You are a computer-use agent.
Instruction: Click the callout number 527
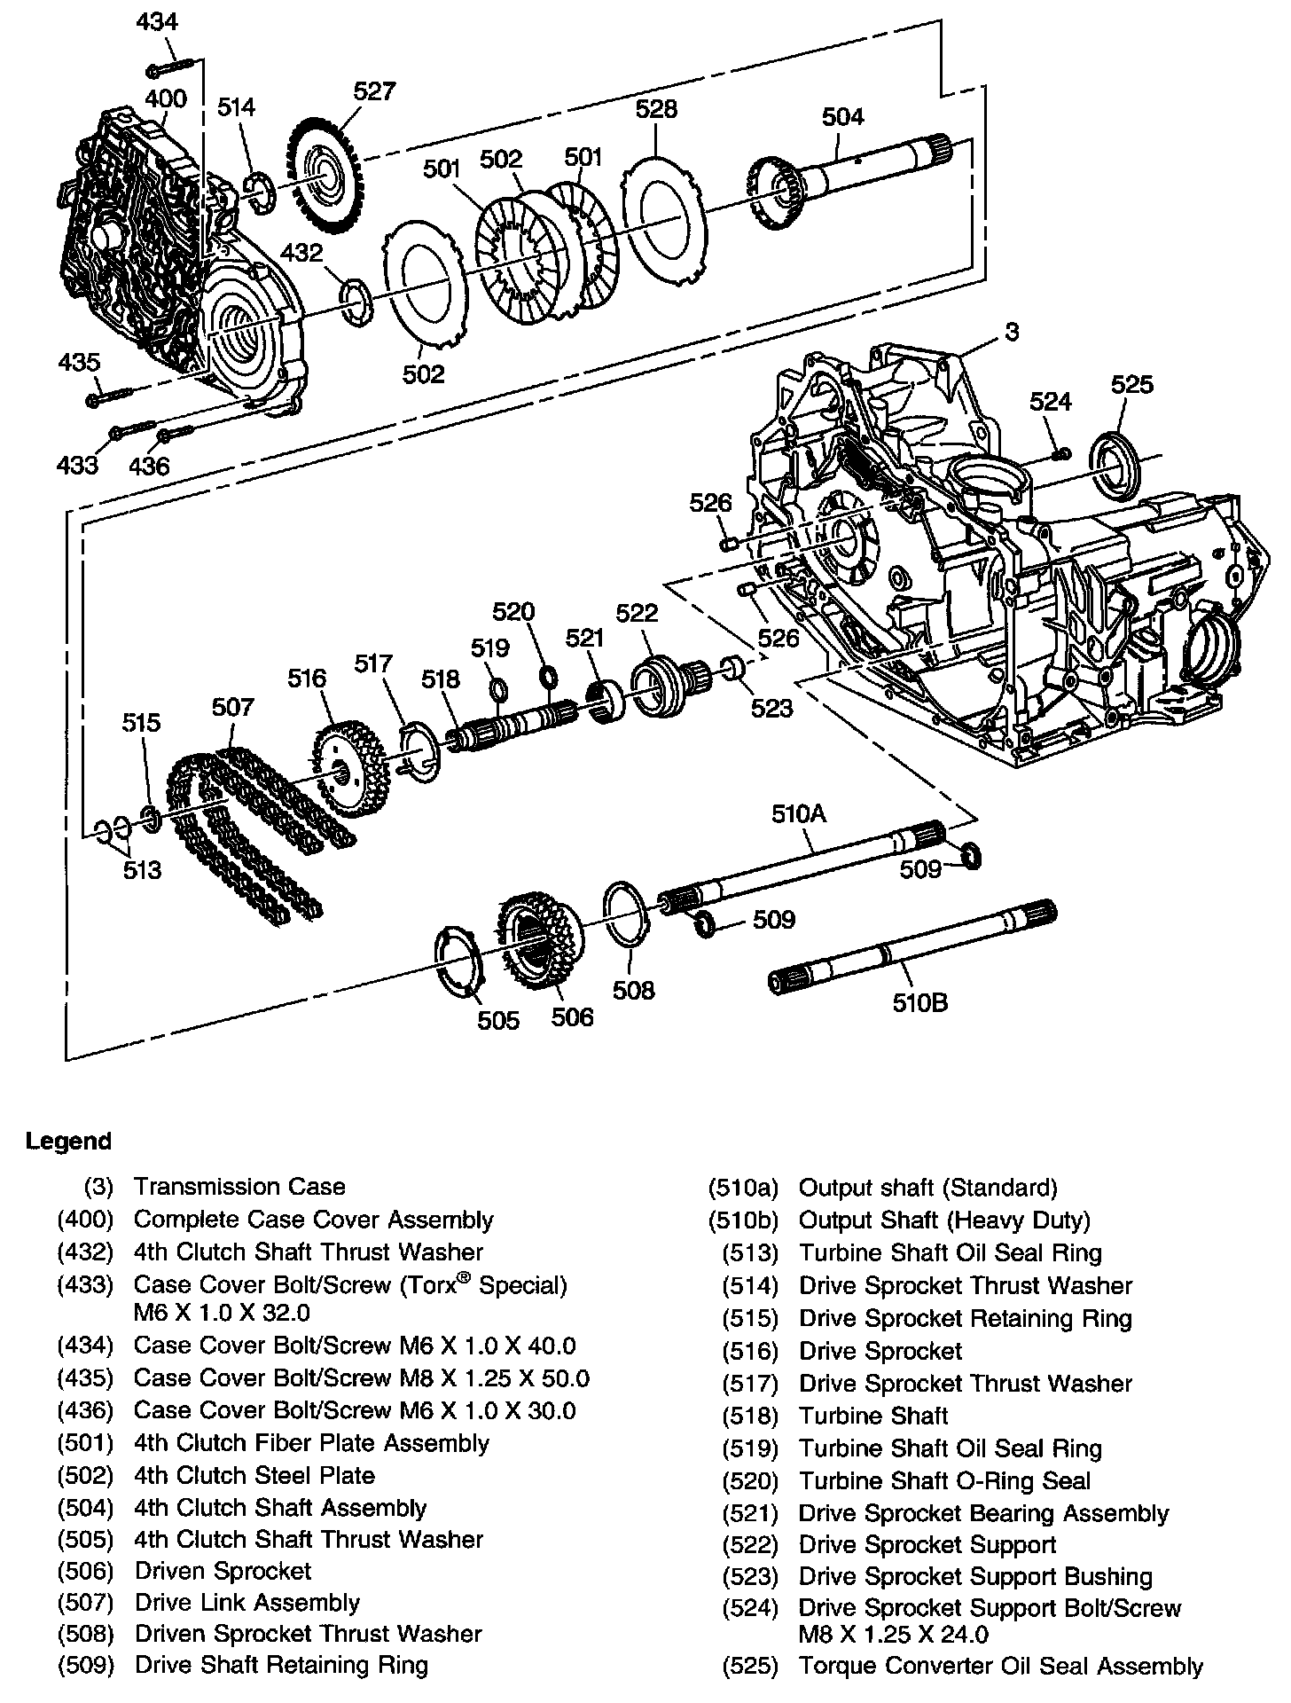point(374,91)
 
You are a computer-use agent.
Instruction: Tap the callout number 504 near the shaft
point(842,116)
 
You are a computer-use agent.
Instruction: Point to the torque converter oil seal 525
point(1118,462)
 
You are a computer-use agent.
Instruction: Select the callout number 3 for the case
point(1012,332)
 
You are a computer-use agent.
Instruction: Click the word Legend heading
point(68,1141)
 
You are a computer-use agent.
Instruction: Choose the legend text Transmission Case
point(239,1187)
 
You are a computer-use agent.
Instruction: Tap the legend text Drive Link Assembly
point(246,1603)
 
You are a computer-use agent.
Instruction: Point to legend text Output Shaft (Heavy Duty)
point(944,1220)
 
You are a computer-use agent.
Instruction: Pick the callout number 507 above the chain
point(232,707)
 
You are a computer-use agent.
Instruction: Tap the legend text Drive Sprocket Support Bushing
point(975,1576)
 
